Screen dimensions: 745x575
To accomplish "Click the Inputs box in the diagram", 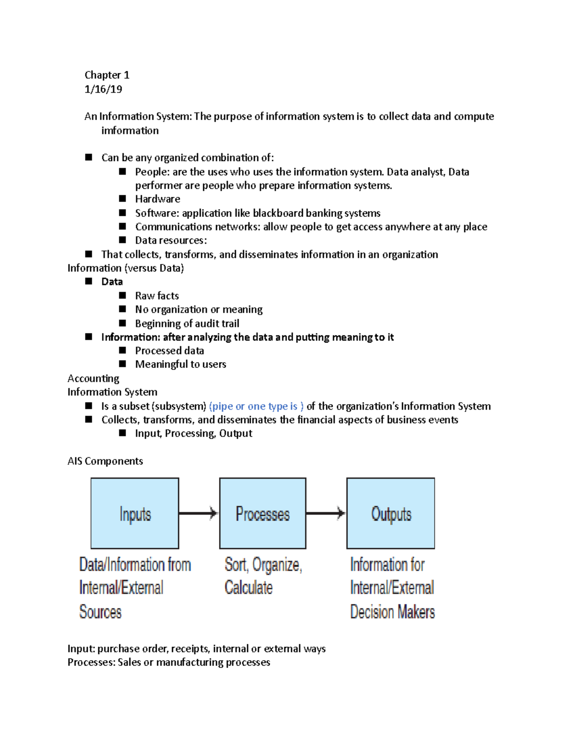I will (x=135, y=513).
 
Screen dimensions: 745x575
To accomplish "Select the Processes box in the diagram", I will (x=263, y=513).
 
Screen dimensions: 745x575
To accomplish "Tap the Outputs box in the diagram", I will (x=391, y=513).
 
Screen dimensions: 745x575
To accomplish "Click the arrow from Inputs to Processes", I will (x=199, y=513).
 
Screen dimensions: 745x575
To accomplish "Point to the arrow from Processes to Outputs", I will (x=326, y=513).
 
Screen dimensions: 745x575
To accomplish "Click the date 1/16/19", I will (x=103, y=89).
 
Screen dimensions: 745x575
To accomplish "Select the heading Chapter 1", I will (x=107, y=75).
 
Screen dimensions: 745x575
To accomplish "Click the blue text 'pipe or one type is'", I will (x=256, y=406).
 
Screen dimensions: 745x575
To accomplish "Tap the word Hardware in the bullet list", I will (x=158, y=199).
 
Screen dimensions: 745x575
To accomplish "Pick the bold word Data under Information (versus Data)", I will (x=112, y=282).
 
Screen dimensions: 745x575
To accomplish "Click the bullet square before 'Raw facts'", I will (x=123, y=296).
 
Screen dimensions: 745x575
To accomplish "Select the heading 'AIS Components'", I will (x=105, y=461).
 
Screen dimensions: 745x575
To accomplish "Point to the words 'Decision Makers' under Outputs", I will (x=392, y=612).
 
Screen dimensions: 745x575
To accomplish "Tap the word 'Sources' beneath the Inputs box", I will (x=101, y=612).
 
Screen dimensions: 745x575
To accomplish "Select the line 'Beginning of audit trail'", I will (x=187, y=323).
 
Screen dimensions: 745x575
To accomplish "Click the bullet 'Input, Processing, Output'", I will (x=194, y=434).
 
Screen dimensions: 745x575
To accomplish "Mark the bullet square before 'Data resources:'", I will (x=123, y=240).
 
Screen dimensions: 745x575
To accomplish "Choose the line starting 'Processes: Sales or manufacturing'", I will (x=169, y=662).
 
